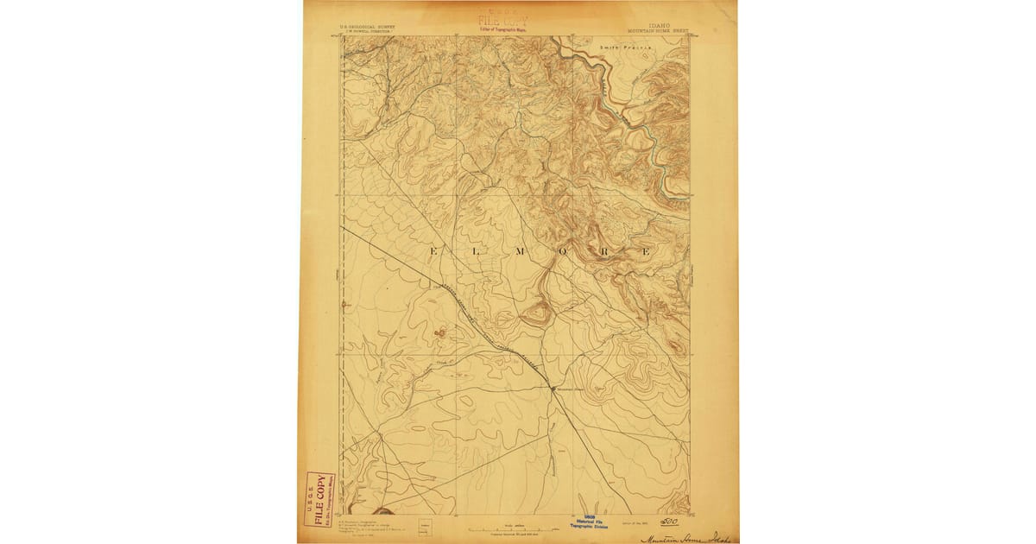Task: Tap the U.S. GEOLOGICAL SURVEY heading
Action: pyautogui.click(x=370, y=27)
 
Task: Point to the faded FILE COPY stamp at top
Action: pyautogui.click(x=505, y=20)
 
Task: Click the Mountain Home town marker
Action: pyautogui.click(x=553, y=389)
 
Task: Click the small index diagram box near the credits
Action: pyautogui.click(x=424, y=523)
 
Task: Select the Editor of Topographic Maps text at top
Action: pyautogui.click(x=505, y=30)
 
